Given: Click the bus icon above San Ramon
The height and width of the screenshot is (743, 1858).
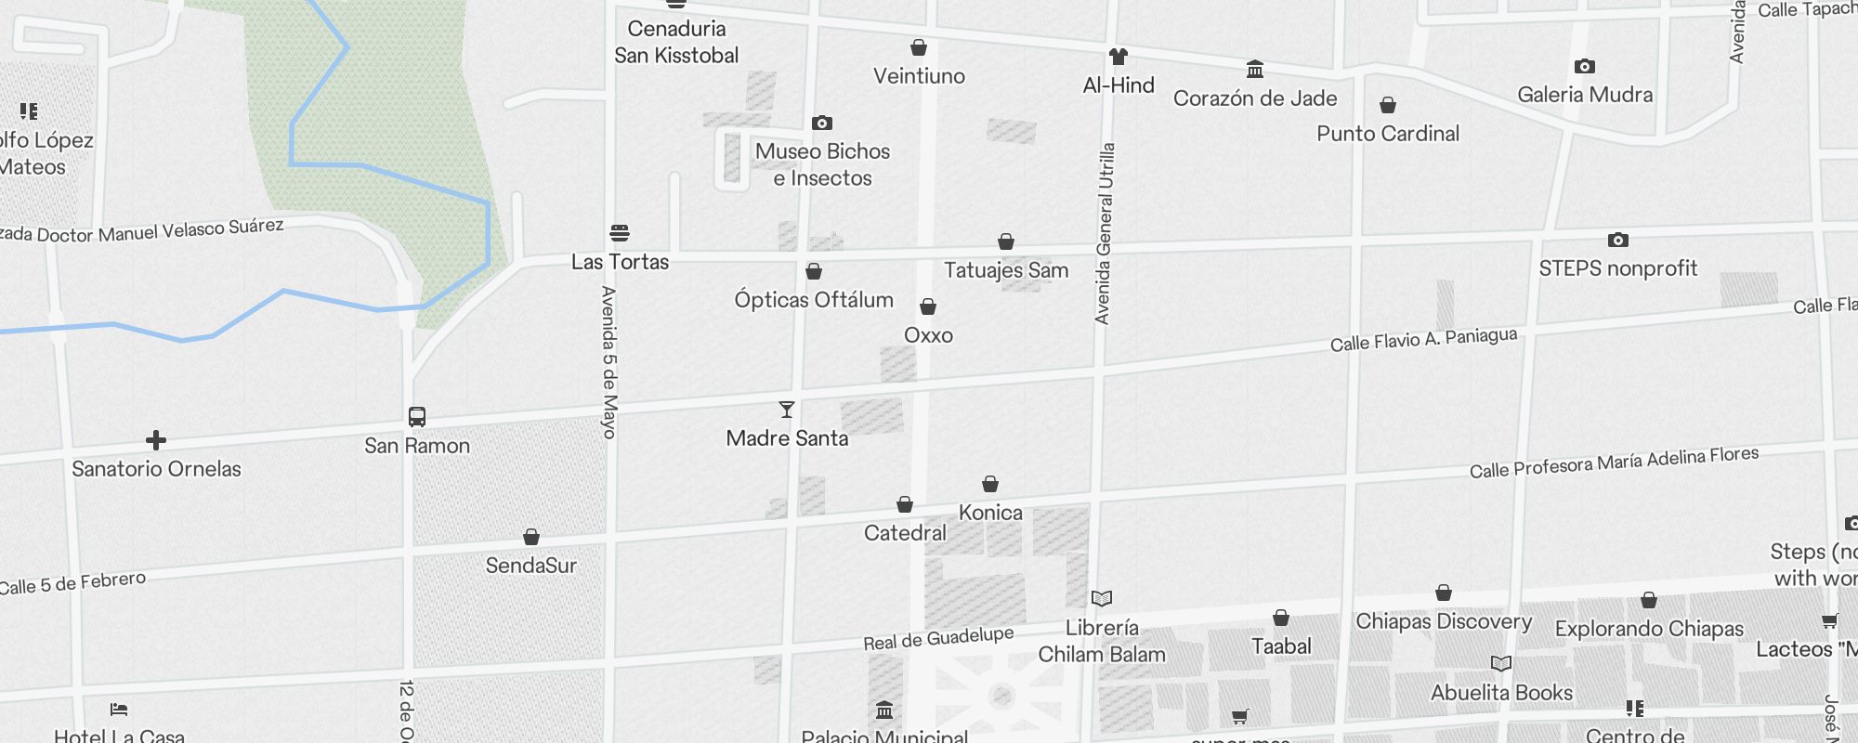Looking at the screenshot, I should (417, 417).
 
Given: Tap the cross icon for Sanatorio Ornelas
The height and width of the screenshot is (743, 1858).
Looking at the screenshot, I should (156, 440).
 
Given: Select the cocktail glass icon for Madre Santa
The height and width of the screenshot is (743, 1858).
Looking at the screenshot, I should (787, 410).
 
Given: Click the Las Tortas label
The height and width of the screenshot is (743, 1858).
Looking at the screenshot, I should (620, 262).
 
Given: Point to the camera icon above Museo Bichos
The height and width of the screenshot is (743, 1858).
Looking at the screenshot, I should (822, 123).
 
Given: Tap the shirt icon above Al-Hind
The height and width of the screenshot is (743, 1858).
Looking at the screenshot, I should (1119, 57).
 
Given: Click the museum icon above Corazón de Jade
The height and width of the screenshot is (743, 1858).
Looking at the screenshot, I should (1255, 70).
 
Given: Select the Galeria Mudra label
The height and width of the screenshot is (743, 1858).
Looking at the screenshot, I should (1585, 95).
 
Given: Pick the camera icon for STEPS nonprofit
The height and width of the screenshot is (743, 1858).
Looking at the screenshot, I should (1617, 241).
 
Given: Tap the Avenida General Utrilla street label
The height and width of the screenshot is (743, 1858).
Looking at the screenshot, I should (1105, 233).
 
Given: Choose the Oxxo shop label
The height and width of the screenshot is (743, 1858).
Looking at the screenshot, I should (928, 335).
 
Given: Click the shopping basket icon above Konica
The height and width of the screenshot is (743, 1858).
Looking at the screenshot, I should (990, 484).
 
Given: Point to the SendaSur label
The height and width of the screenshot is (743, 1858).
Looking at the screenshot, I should (531, 566).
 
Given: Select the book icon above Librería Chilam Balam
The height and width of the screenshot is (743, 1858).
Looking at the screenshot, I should (1102, 598).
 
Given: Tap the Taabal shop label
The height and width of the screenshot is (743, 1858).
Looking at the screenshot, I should (1281, 646).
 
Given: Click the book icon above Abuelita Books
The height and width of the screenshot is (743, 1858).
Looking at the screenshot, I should (1501, 664).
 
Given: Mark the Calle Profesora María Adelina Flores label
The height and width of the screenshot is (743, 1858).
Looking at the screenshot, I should (1614, 462).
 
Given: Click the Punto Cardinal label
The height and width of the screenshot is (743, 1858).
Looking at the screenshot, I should (1388, 134).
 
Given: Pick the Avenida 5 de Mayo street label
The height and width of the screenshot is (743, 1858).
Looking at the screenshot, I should (609, 362).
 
